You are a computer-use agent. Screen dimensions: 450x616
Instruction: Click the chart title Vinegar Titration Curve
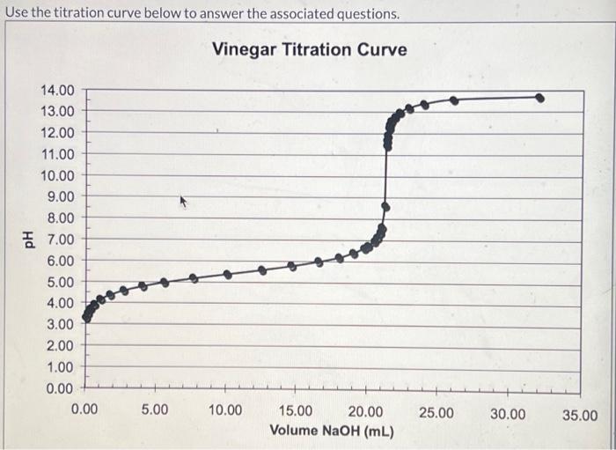coord(309,49)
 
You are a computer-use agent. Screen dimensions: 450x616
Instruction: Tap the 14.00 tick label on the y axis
coord(58,90)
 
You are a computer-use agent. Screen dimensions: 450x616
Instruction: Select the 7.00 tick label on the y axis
coord(58,240)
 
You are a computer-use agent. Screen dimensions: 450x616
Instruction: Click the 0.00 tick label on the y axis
coord(58,388)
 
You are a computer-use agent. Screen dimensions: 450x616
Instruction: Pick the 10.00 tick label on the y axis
coord(58,175)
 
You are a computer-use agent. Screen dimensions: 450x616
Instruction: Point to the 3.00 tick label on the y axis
coord(58,325)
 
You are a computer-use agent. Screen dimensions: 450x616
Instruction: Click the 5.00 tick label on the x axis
coord(155,412)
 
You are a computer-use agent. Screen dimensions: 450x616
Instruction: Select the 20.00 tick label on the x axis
coord(365,412)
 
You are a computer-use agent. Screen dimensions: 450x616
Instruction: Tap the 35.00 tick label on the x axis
coord(578,415)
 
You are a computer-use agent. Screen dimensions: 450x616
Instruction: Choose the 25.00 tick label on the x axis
coord(436,412)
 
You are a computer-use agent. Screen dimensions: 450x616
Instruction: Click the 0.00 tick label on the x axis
coord(84,412)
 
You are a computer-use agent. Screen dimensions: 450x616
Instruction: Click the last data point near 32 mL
coord(539,98)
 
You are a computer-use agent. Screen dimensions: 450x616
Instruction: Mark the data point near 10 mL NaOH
coord(227,275)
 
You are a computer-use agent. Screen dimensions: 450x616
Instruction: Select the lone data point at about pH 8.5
coord(385,207)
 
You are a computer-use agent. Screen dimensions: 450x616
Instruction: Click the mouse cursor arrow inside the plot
coord(184,202)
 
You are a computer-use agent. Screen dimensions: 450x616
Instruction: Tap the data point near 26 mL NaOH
coord(454,100)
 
